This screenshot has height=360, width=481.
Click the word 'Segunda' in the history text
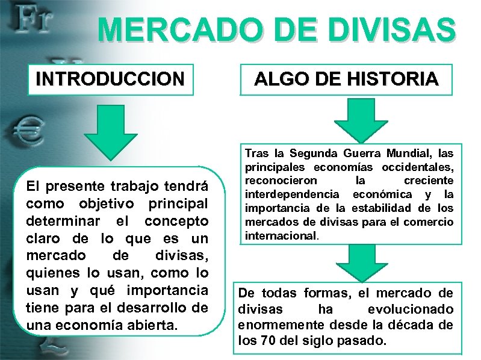pos(314,154)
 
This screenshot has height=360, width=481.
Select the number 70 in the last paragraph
pos(268,340)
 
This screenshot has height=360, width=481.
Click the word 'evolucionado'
pos(411,309)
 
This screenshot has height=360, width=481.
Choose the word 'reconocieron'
pos(278,181)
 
